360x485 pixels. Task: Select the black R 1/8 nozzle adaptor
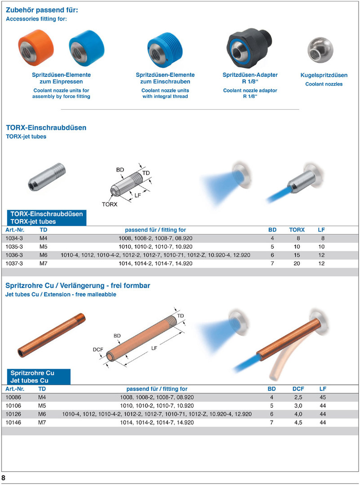point(249,47)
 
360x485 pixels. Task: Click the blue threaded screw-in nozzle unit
point(164,49)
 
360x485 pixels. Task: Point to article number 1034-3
point(14,238)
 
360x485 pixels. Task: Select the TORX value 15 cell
point(297,255)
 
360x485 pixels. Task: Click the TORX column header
point(297,230)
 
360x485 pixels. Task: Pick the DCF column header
point(298,389)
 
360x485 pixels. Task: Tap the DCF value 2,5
point(298,397)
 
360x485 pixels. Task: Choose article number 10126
point(13,414)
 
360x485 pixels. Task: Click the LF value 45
point(323,397)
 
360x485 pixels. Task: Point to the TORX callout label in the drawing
point(110,204)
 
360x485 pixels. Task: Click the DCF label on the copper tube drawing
point(98,349)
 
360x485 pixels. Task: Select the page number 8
point(4,478)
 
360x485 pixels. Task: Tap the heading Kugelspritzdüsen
point(324,75)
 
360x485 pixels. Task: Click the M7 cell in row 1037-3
point(43,263)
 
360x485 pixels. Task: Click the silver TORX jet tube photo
point(47,176)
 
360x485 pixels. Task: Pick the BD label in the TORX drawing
point(120,170)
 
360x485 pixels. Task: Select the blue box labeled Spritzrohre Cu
point(39,376)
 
